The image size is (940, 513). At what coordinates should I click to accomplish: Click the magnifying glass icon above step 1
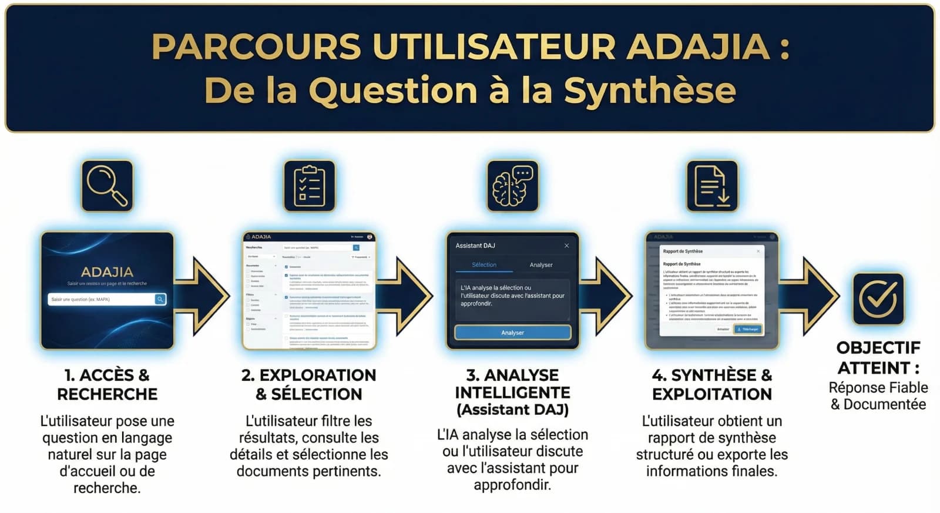[x=107, y=186]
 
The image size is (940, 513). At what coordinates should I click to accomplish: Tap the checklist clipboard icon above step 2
[x=310, y=186]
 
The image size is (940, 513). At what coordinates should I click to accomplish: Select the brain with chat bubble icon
[x=512, y=186]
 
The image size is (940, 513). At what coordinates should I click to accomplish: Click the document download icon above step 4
[x=712, y=186]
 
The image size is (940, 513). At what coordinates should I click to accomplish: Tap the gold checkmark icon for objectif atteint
[x=878, y=299]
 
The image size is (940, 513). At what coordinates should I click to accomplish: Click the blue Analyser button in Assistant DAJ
[x=512, y=333]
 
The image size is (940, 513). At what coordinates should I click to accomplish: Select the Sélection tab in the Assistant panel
[x=484, y=265]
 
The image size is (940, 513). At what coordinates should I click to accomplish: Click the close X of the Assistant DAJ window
[x=566, y=246]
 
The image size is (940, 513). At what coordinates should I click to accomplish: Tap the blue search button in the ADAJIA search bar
[x=160, y=299]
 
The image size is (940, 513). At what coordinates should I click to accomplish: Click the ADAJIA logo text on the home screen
[x=107, y=272]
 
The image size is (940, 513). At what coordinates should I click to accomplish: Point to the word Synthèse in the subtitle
[x=649, y=91]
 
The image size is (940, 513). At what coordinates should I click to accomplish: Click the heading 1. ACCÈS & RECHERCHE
[x=107, y=384]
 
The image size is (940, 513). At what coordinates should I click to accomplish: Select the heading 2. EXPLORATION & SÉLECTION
[x=309, y=384]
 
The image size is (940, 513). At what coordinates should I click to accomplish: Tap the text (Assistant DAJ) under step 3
[x=512, y=410]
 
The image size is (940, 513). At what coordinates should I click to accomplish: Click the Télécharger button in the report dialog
[x=748, y=329]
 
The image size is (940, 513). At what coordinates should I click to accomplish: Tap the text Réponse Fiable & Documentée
[x=878, y=396]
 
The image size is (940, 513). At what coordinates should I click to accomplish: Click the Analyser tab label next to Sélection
[x=541, y=265]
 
